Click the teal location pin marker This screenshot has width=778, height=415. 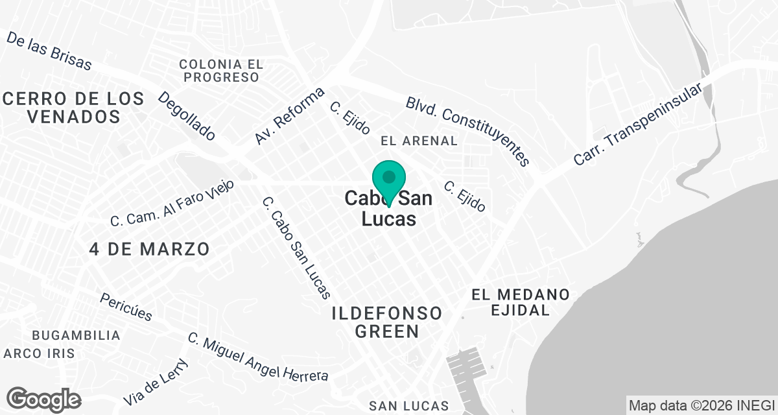point(389,178)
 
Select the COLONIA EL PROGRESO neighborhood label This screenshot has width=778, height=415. point(221,71)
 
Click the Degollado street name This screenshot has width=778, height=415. point(187,116)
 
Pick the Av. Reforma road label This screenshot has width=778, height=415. point(289,116)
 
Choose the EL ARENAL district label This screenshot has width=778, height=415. point(419,141)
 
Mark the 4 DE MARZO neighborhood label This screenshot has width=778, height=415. point(150,249)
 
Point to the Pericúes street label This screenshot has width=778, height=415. point(126,307)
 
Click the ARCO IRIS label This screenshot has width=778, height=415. point(39,353)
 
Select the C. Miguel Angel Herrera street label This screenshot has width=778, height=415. point(258,357)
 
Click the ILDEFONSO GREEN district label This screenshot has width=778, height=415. point(386,322)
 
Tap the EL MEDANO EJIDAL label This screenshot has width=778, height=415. point(521,302)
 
